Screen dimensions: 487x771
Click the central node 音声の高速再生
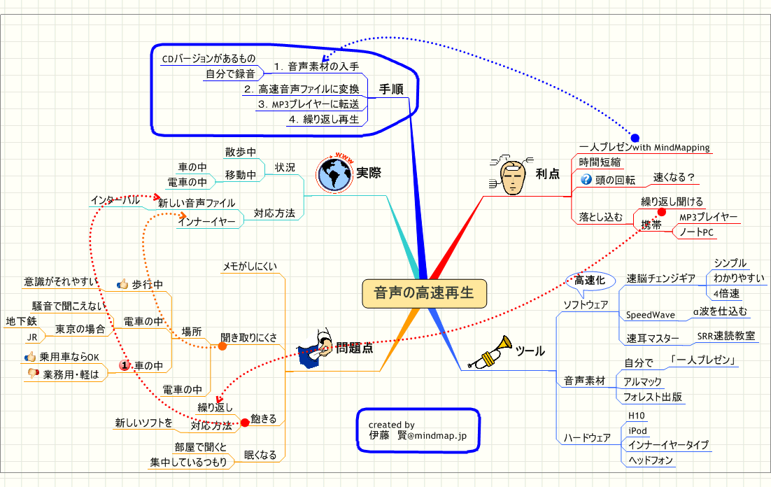[423, 294]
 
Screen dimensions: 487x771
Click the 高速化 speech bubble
[589, 280]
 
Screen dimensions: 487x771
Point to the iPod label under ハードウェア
[637, 430]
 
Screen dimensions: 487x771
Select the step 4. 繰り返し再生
[324, 119]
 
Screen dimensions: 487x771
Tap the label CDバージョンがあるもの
[208, 58]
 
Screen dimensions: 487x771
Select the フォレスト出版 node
[653, 397]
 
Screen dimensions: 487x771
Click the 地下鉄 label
[20, 321]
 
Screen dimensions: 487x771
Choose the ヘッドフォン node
[651, 460]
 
